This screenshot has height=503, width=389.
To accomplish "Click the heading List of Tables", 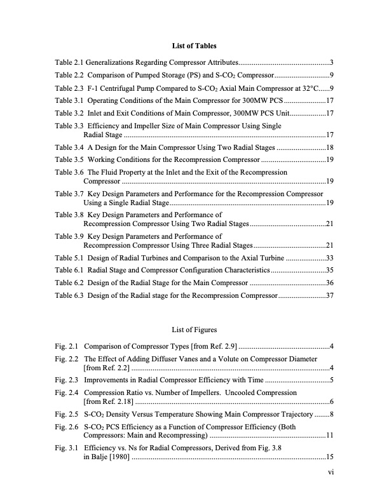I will (194, 46).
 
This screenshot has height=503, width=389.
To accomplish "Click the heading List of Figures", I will (194, 330).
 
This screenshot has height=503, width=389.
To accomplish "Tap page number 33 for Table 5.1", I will (330, 258).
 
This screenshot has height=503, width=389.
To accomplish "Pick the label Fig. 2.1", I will (67, 346).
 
